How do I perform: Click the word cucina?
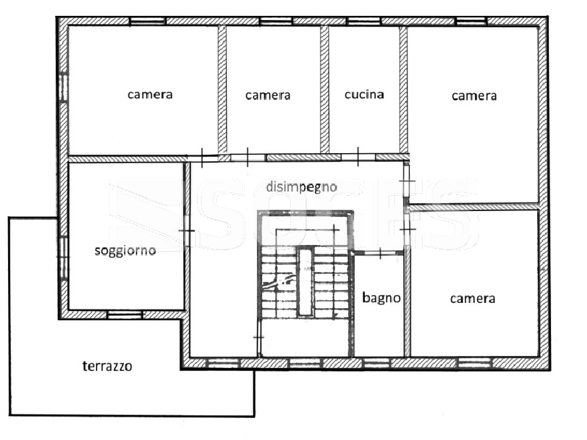pyautogui.click(x=364, y=95)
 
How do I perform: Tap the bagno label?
pyautogui.click(x=381, y=298)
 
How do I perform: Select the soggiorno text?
pyautogui.click(x=125, y=250)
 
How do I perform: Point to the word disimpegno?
pyautogui.click(x=301, y=186)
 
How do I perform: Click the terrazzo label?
pyautogui.click(x=107, y=366)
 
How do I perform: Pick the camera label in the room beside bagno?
pyautogui.click(x=473, y=298)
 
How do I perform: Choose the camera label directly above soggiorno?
pyautogui.click(x=150, y=95)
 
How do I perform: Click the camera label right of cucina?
pyautogui.click(x=474, y=96)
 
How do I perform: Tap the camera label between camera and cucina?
pyautogui.click(x=268, y=95)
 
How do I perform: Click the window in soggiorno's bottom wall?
pyautogui.click(x=124, y=315)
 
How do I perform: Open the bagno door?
pyautogui.click(x=380, y=253)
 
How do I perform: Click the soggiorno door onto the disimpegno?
pyautogui.click(x=186, y=231)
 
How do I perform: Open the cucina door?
pyautogui.click(x=358, y=157)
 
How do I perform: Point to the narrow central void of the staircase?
pyautogui.click(x=304, y=282)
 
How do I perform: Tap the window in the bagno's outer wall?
pyautogui.click(x=377, y=363)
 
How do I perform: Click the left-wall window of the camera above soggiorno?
pyautogui.click(x=64, y=87)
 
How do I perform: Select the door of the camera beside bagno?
pyautogui.click(x=407, y=229)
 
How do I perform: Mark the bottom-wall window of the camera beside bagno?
pyautogui.click(x=475, y=363)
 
